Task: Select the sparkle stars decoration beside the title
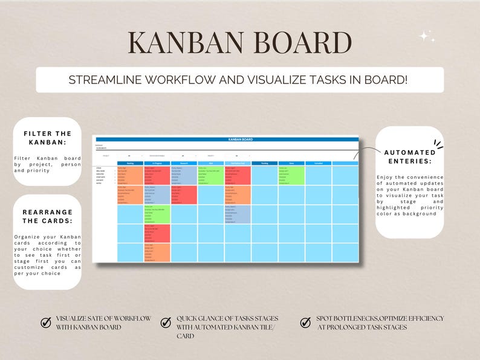(x=427, y=37)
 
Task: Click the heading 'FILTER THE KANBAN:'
(x=47, y=138)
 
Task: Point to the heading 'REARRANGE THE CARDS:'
(x=47, y=217)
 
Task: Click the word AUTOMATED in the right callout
(x=409, y=152)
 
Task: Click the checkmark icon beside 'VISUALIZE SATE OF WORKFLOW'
(x=45, y=323)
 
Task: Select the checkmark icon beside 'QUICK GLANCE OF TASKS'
(x=166, y=323)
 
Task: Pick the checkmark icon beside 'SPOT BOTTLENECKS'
(x=305, y=323)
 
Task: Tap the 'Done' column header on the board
(x=291, y=163)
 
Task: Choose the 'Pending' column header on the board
(x=265, y=163)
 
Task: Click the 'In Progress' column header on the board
(x=157, y=163)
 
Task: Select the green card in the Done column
(x=291, y=175)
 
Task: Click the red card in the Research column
(x=184, y=194)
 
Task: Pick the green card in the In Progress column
(x=157, y=214)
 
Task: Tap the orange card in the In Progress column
(x=157, y=252)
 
